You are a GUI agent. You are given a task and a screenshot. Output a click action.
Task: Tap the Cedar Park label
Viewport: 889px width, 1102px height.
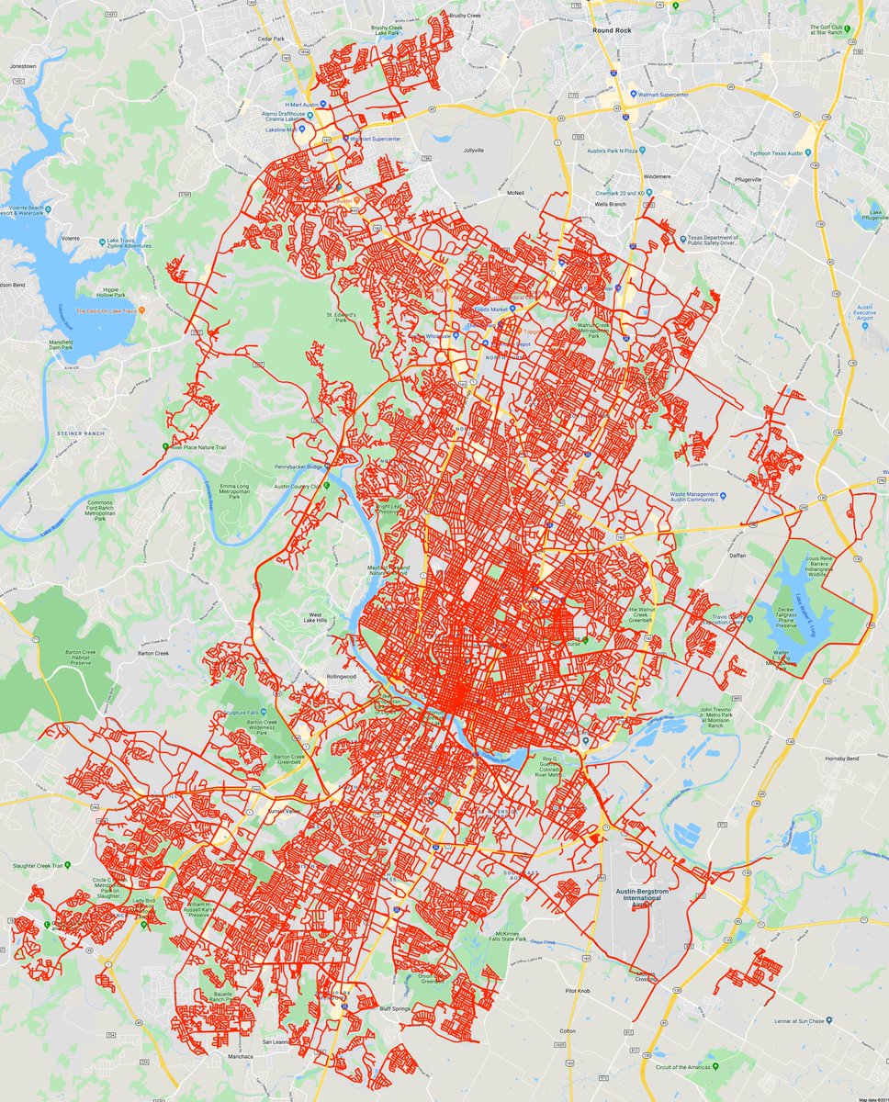click(271, 39)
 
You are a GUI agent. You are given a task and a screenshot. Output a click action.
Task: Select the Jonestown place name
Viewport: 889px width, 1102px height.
click(22, 67)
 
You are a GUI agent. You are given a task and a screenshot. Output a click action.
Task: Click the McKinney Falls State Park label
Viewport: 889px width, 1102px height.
click(507, 935)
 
